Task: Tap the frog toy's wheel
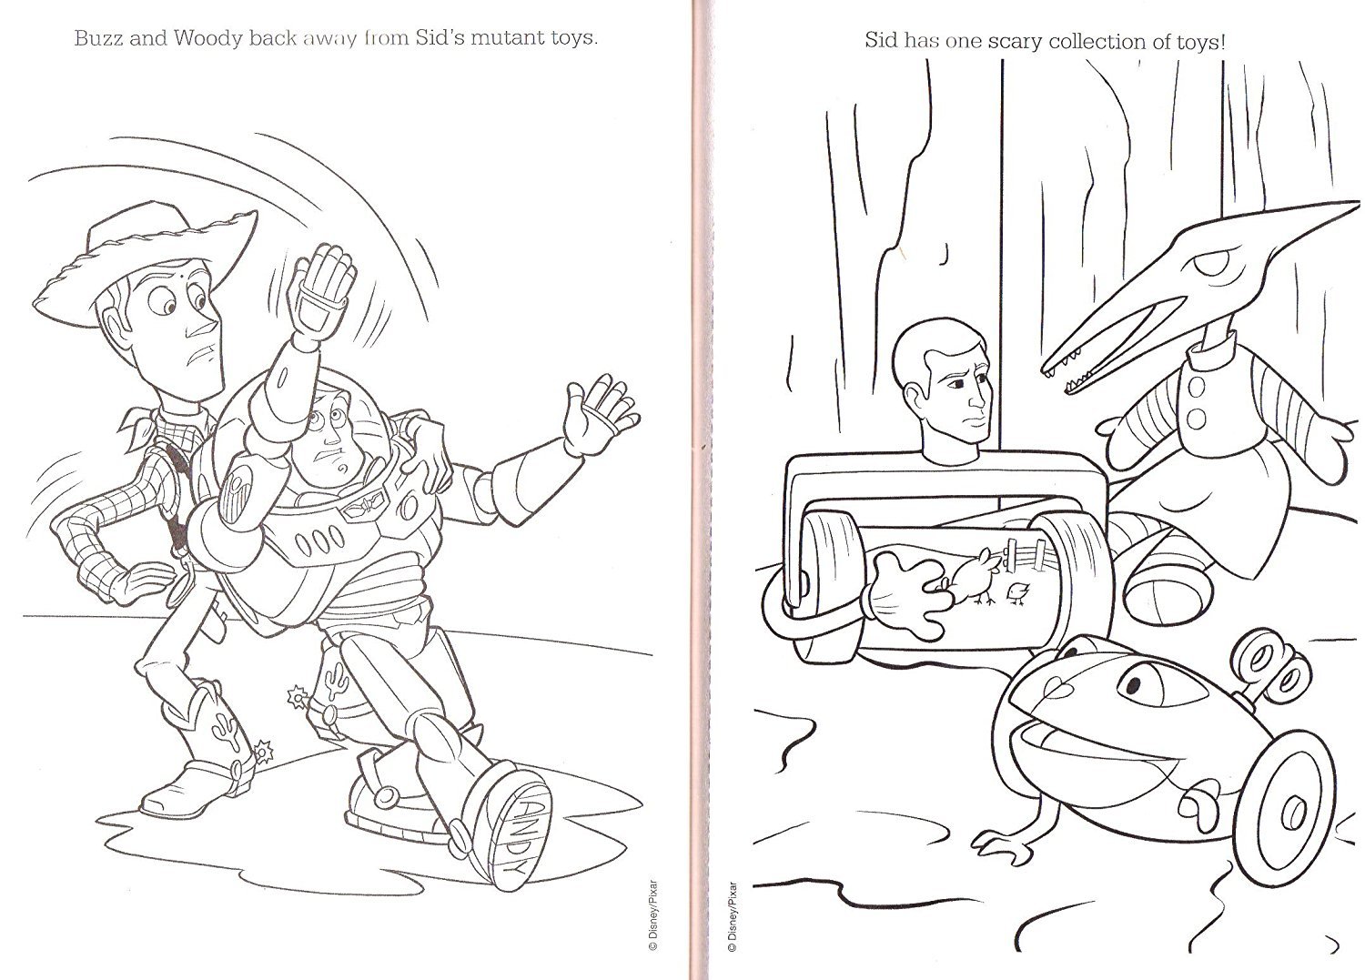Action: [x=1286, y=803]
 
